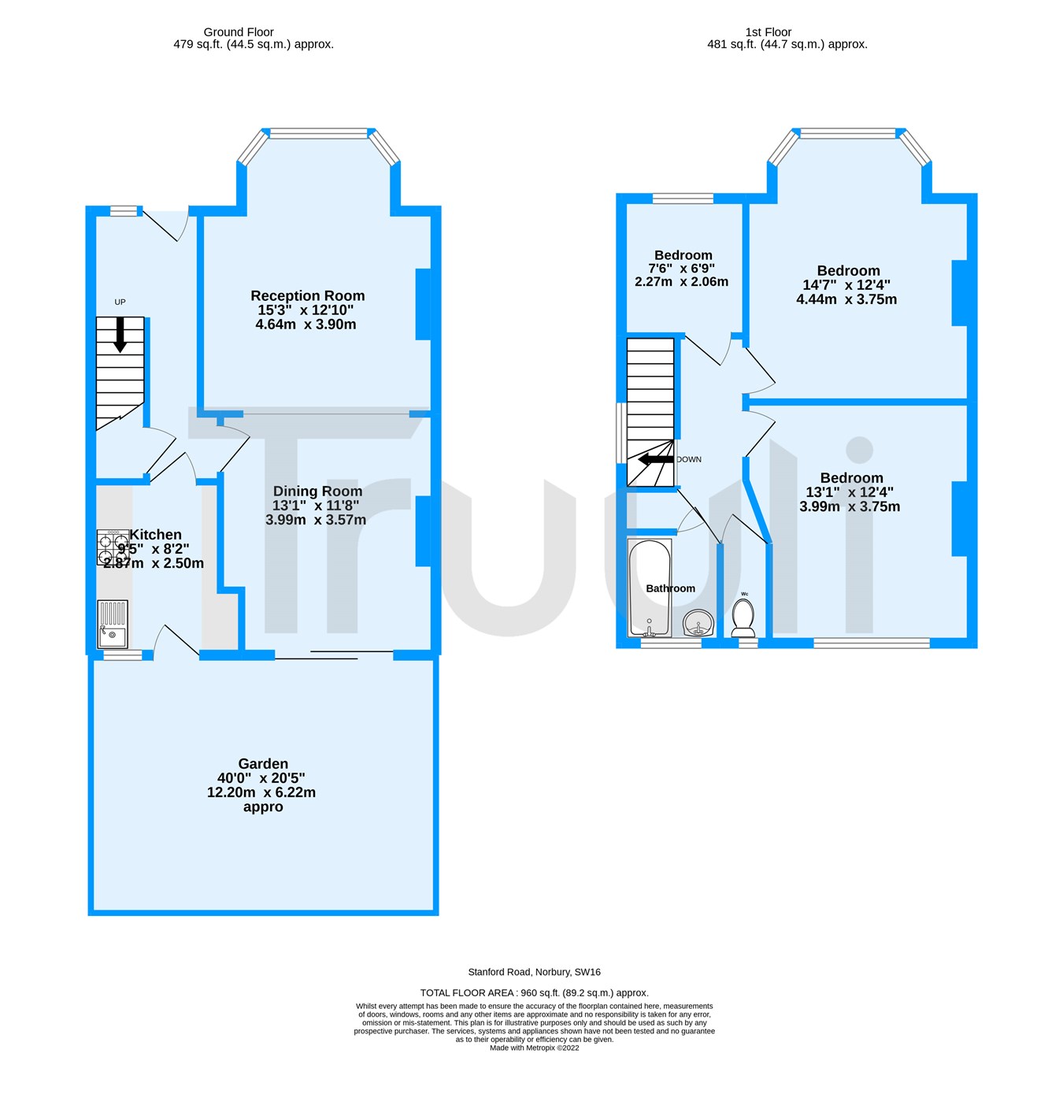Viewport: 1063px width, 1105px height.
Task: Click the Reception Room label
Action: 307,296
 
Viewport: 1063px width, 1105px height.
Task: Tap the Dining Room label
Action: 317,491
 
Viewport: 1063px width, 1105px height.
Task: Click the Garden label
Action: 263,764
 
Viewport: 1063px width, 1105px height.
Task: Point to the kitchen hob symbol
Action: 113,547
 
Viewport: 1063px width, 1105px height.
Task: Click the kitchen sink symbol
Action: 112,624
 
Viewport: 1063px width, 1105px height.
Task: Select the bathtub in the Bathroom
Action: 650,588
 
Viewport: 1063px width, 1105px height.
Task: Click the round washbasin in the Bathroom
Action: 698,623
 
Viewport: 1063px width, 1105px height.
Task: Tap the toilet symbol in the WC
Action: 743,617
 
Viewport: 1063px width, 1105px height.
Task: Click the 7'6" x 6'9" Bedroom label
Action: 683,255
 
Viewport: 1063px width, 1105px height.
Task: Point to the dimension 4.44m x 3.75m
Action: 846,299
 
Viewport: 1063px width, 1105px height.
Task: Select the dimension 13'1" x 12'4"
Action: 849,492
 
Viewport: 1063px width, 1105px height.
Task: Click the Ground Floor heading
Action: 239,32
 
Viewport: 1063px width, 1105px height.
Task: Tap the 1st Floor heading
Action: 768,32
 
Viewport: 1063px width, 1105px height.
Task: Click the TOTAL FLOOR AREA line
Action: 534,993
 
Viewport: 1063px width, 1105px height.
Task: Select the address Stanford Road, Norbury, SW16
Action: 534,973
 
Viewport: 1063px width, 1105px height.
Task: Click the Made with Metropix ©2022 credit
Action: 534,1048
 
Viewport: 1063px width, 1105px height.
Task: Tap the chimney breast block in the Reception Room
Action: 423,305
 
